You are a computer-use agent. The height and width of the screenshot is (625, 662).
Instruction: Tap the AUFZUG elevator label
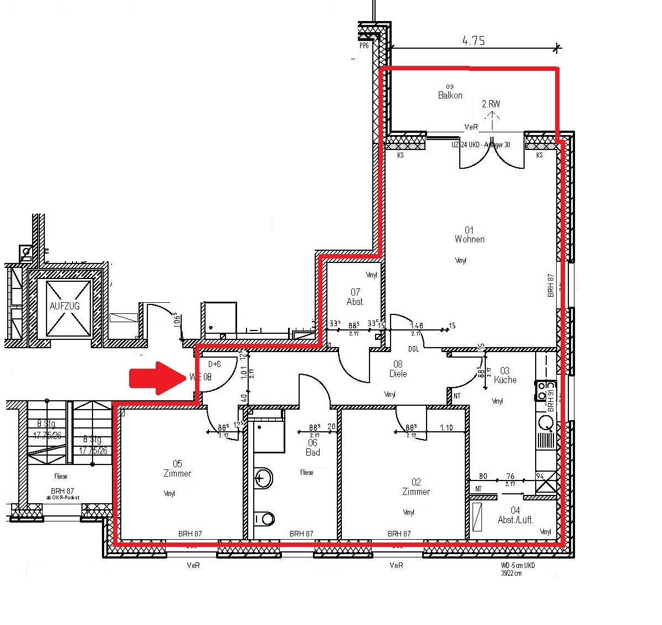tap(65, 306)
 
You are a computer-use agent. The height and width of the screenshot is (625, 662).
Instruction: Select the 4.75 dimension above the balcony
tap(473, 40)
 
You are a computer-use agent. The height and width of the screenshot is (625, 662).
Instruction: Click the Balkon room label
tap(450, 95)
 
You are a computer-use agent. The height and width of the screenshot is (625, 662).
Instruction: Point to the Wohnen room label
tap(470, 239)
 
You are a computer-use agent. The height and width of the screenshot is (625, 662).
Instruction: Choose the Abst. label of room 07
tap(355, 302)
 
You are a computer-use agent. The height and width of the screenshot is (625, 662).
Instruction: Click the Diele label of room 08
tap(398, 374)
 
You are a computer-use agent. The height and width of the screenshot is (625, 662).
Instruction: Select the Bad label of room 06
tap(312, 452)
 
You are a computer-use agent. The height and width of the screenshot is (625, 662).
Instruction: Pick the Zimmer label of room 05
tap(177, 473)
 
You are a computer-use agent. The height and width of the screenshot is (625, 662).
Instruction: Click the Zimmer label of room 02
tap(416, 492)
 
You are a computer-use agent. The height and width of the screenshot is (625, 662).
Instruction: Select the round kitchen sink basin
tap(547, 423)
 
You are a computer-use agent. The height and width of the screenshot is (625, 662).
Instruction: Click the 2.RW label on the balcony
tap(491, 104)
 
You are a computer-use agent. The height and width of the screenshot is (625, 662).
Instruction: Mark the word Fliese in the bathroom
tap(306, 472)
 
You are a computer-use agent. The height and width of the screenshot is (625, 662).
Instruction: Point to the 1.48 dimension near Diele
tap(417, 326)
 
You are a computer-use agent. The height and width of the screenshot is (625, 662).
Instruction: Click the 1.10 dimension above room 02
tap(447, 428)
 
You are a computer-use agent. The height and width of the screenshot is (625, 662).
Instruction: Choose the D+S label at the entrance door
tap(214, 364)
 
